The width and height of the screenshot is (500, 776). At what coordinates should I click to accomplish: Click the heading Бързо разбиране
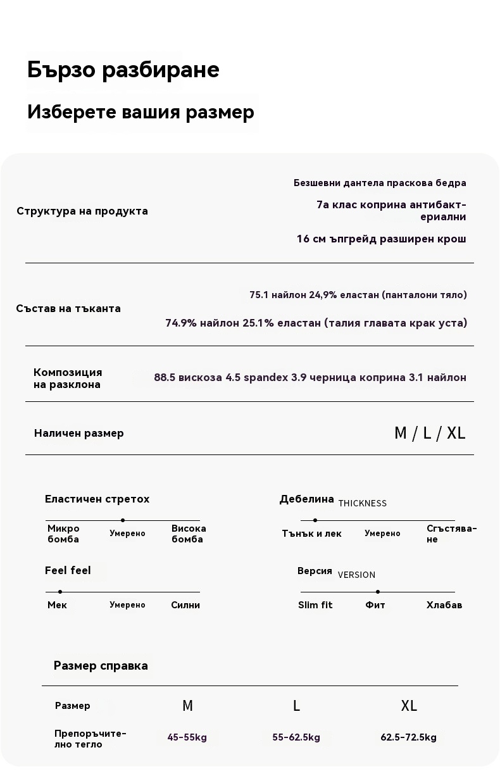click(x=123, y=70)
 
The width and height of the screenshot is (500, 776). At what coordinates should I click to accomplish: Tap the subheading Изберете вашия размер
click(x=141, y=112)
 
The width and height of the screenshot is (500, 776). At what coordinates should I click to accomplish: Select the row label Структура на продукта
click(x=82, y=211)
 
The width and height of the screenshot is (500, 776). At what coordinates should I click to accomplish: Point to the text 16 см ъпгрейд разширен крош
click(x=381, y=239)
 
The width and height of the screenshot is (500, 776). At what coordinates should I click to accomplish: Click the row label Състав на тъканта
click(x=68, y=309)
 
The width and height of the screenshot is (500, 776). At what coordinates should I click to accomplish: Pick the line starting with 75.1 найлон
click(x=358, y=295)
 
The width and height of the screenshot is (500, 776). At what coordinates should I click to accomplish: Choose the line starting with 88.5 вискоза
click(x=310, y=378)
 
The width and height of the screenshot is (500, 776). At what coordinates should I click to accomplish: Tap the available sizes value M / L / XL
click(x=429, y=434)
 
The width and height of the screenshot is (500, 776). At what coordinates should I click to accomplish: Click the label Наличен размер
click(x=79, y=434)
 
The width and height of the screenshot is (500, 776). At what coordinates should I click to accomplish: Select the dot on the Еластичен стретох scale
click(x=123, y=520)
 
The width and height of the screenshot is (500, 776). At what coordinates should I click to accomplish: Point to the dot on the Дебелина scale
click(x=315, y=520)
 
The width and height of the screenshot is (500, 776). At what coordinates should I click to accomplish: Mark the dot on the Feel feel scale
click(x=59, y=592)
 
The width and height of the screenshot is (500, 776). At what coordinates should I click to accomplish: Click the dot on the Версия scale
click(x=378, y=592)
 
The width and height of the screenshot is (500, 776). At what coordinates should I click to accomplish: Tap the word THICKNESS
click(x=362, y=504)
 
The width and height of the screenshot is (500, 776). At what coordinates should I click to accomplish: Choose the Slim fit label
click(x=315, y=605)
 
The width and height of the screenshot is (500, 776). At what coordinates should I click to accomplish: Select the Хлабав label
click(x=444, y=605)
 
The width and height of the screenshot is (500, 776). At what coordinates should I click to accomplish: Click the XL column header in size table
click(x=409, y=706)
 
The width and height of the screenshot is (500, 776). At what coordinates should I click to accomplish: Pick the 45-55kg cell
click(x=187, y=737)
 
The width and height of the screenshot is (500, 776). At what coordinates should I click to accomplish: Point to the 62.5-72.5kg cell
click(x=409, y=737)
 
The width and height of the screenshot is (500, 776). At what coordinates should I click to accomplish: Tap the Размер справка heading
click(x=101, y=666)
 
